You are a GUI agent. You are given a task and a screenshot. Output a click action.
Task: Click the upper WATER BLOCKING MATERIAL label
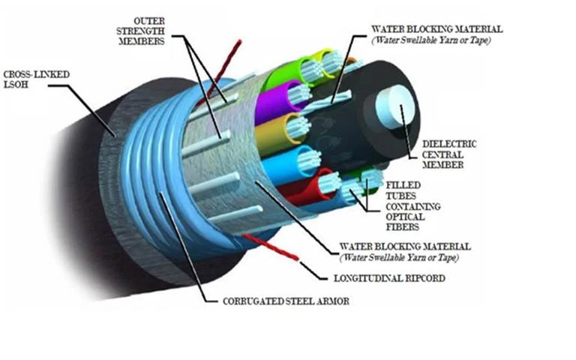[x=436, y=34]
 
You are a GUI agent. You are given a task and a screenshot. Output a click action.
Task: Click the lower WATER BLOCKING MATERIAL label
[x=405, y=250]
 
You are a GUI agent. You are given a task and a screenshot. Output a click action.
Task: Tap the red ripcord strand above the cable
[x=226, y=67]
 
